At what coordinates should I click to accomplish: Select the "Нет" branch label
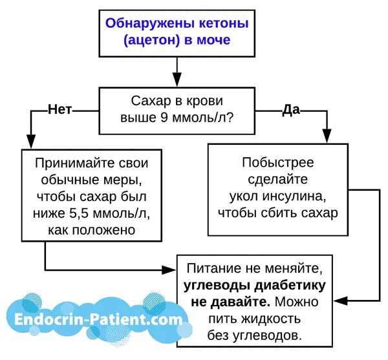pyautogui.click(x=60, y=110)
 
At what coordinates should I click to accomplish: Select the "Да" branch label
pyautogui.click(x=291, y=110)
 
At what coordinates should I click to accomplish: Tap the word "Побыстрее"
pyautogui.click(x=276, y=163)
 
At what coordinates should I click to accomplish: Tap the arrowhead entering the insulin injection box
pyautogui.click(x=326, y=138)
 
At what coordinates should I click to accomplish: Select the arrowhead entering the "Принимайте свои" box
pyautogui.click(x=29, y=143)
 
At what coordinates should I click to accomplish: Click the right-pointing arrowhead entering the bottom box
pyautogui.click(x=173, y=268)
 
